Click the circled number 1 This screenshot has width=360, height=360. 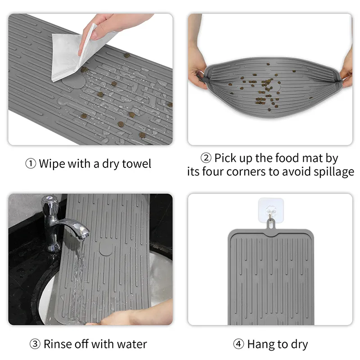click(31, 164)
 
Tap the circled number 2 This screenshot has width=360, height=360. click(206, 158)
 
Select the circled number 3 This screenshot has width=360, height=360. click(35, 344)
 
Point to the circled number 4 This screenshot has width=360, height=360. click(238, 344)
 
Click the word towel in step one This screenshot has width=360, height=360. click(136, 164)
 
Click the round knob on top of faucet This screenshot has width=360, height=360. click(49, 199)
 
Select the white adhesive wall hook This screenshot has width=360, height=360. click(271, 210)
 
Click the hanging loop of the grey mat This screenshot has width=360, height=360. click(271, 224)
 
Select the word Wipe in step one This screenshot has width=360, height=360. click(52, 164)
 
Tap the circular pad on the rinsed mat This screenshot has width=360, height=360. click(106, 248)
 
